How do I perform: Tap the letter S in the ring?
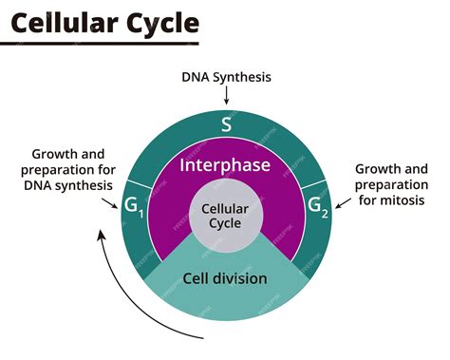point(226,124)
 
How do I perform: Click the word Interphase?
point(226,165)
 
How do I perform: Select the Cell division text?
point(226,278)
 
